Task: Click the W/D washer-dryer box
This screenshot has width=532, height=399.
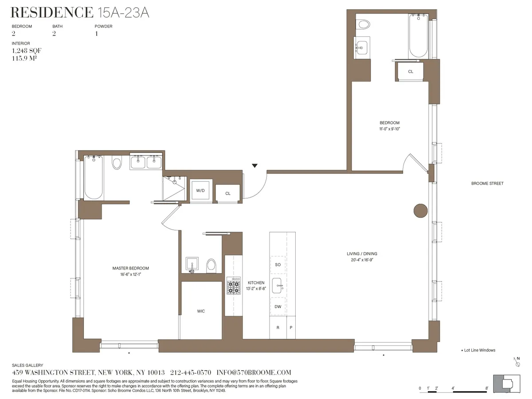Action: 201,190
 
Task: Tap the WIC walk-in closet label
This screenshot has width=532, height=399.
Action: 201,311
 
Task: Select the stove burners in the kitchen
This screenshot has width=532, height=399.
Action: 233,286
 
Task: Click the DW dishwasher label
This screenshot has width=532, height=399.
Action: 278,307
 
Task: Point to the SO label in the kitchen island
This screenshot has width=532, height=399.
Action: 278,265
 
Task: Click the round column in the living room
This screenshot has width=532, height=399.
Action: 420,211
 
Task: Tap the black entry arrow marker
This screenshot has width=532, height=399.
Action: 254,166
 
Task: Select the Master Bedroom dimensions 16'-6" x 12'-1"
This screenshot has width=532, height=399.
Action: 130,274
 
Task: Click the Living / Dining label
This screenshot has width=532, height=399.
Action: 362,254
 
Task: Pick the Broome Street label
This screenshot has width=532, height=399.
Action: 487,184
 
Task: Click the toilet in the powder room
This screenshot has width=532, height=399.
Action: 211,265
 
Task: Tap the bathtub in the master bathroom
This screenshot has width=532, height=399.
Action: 94,177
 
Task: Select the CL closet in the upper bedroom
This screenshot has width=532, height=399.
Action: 411,71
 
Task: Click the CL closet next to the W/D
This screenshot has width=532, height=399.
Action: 227,193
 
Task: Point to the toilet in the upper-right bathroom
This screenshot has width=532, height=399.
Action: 364,24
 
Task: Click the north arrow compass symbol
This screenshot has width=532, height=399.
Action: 517,362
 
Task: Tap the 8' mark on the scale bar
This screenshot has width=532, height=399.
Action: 487,388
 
